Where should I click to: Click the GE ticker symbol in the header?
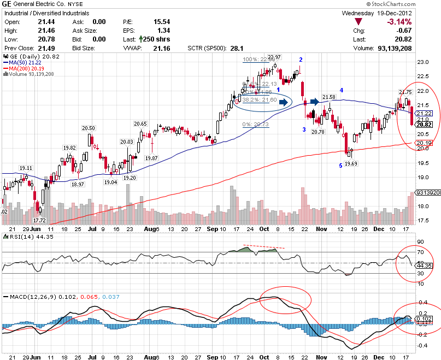(x=9, y=4)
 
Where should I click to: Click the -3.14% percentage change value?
(x=416, y=21)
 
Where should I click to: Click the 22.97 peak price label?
(x=274, y=57)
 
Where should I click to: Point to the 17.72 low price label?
(x=39, y=220)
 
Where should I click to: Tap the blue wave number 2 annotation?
(x=301, y=59)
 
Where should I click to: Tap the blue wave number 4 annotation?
(x=342, y=90)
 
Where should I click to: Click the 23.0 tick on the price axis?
(x=422, y=62)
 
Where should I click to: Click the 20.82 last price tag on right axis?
(x=425, y=125)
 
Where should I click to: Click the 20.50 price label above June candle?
(x=89, y=128)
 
